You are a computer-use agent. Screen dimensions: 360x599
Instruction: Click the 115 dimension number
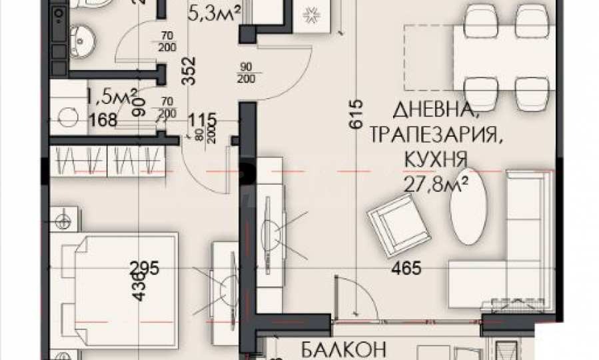[203, 121]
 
